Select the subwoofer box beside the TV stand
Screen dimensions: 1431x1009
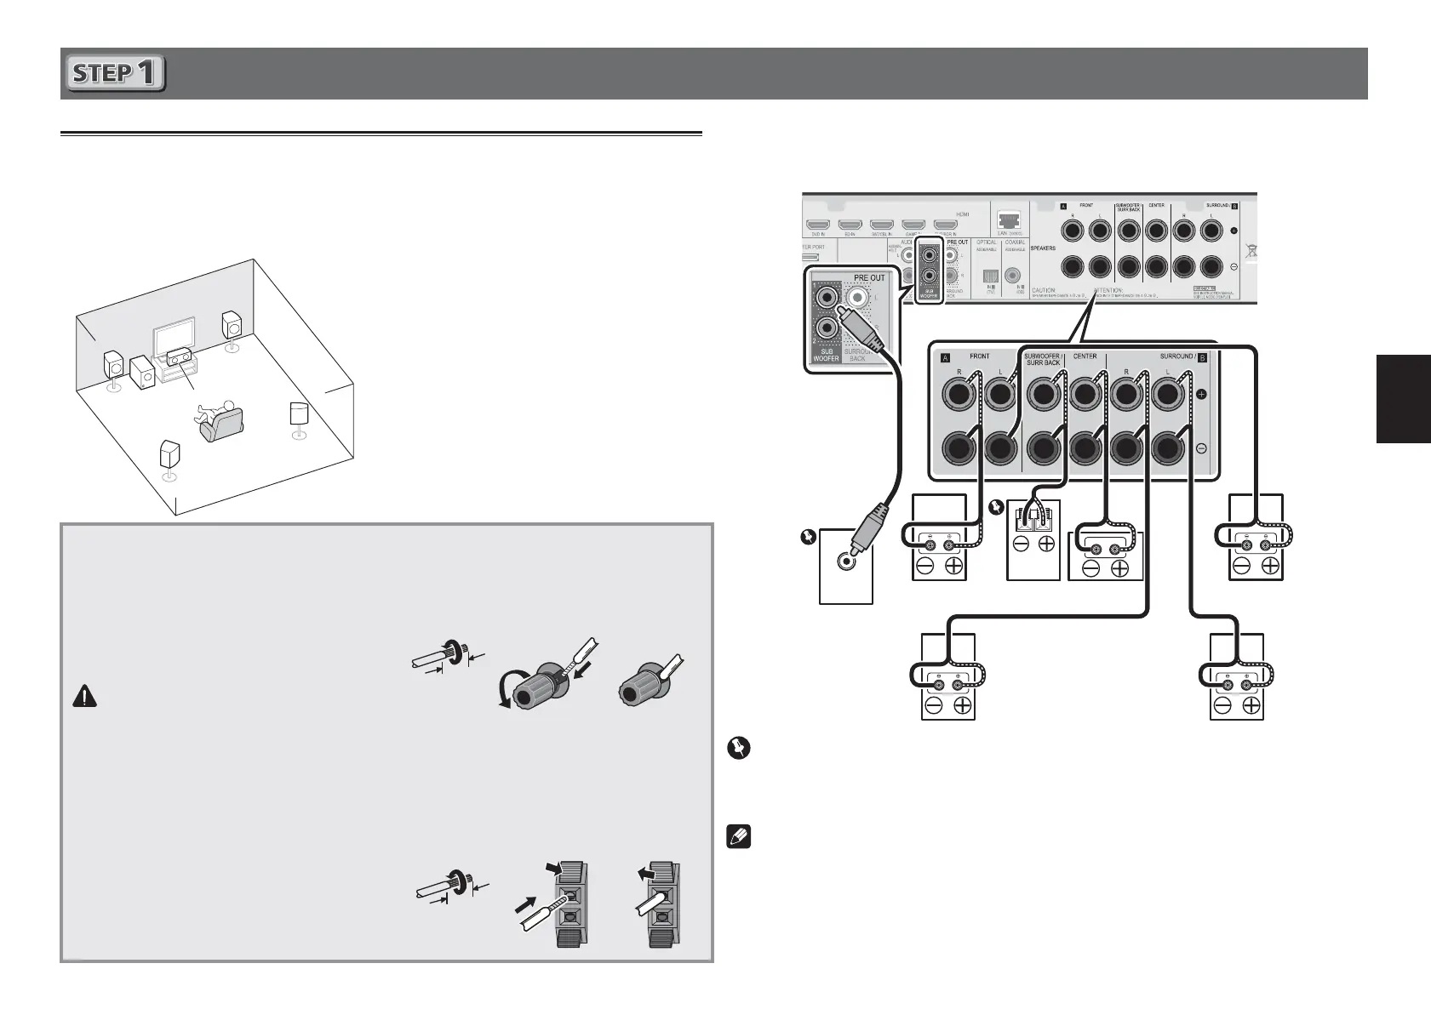pyautogui.click(x=141, y=371)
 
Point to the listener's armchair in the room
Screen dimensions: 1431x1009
pyautogui.click(x=221, y=424)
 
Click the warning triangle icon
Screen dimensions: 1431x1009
pyautogui.click(x=86, y=696)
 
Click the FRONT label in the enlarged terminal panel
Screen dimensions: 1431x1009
pyautogui.click(x=979, y=356)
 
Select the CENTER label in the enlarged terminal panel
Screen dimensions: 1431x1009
pyautogui.click(x=1085, y=356)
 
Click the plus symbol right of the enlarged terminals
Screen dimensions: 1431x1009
pyautogui.click(x=1201, y=395)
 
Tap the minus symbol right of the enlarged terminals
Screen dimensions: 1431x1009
pyautogui.click(x=1201, y=447)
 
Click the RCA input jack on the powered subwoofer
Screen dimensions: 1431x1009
pyautogui.click(x=845, y=561)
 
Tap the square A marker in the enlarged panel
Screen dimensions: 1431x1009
pyautogui.click(x=944, y=357)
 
